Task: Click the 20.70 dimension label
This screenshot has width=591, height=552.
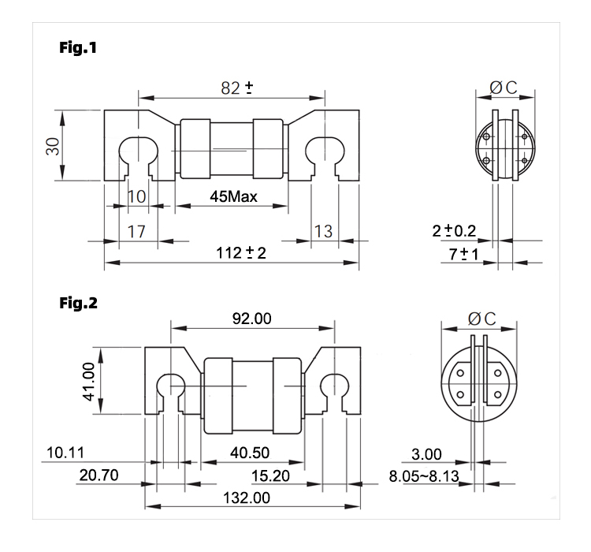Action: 98,475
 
